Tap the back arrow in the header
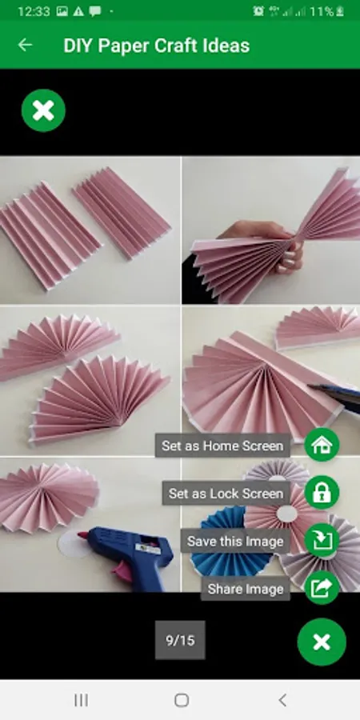point(25,45)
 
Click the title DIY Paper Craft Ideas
point(157,46)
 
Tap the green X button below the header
point(44,110)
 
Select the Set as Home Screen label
point(222,446)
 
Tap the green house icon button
point(322,445)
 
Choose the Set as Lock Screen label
point(226,493)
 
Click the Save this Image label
point(235,541)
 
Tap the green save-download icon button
point(322,541)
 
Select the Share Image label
point(246,589)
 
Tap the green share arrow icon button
point(322,588)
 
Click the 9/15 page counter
point(180,640)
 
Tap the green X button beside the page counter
point(322,642)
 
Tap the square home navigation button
point(182,700)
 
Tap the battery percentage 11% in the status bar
point(321,11)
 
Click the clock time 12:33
point(34,11)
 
